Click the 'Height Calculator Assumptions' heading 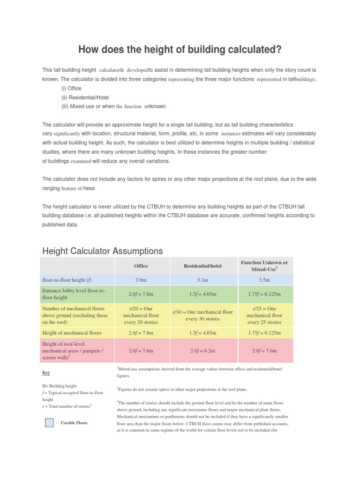tap(103, 251)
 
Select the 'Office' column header tap(141, 266)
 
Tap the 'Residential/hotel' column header tap(202, 266)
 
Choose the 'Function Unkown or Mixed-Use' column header tap(264, 266)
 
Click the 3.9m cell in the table tap(141, 280)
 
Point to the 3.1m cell tap(202, 280)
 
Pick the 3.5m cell tap(264, 280)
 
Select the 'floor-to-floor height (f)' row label tap(68, 280)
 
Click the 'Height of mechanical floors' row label tap(72, 333)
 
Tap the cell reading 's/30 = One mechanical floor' tap(202, 315)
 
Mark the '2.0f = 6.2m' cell tap(202, 350)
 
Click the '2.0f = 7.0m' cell tap(264, 350)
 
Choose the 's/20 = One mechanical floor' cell tap(141, 315)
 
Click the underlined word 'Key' tap(46, 373)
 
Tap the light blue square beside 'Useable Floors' tap(49, 422)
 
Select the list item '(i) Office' tap(71, 88)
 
